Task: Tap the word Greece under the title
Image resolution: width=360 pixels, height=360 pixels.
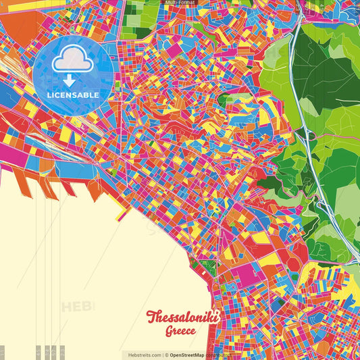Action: tap(180, 332)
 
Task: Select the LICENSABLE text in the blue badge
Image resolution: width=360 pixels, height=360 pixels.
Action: tap(73, 95)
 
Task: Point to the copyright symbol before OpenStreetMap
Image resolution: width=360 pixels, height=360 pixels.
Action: tap(166, 355)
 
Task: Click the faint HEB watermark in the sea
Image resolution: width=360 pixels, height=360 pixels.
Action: tap(78, 307)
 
